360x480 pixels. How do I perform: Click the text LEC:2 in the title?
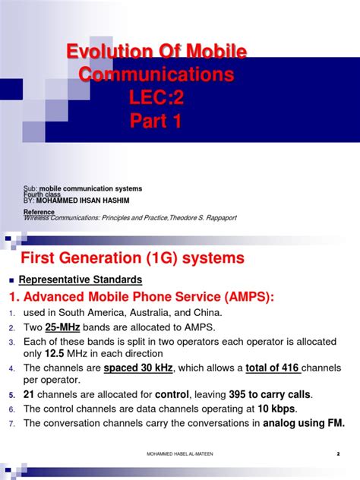coord(157,99)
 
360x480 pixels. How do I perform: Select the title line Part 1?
coord(157,122)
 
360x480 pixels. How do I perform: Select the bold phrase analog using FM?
coord(303,423)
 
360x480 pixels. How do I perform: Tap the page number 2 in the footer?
coord(336,454)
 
